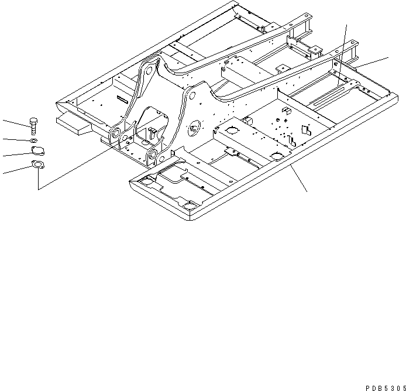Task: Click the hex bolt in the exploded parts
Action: pyautogui.click(x=34, y=125)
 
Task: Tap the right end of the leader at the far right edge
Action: pyautogui.click(x=388, y=57)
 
